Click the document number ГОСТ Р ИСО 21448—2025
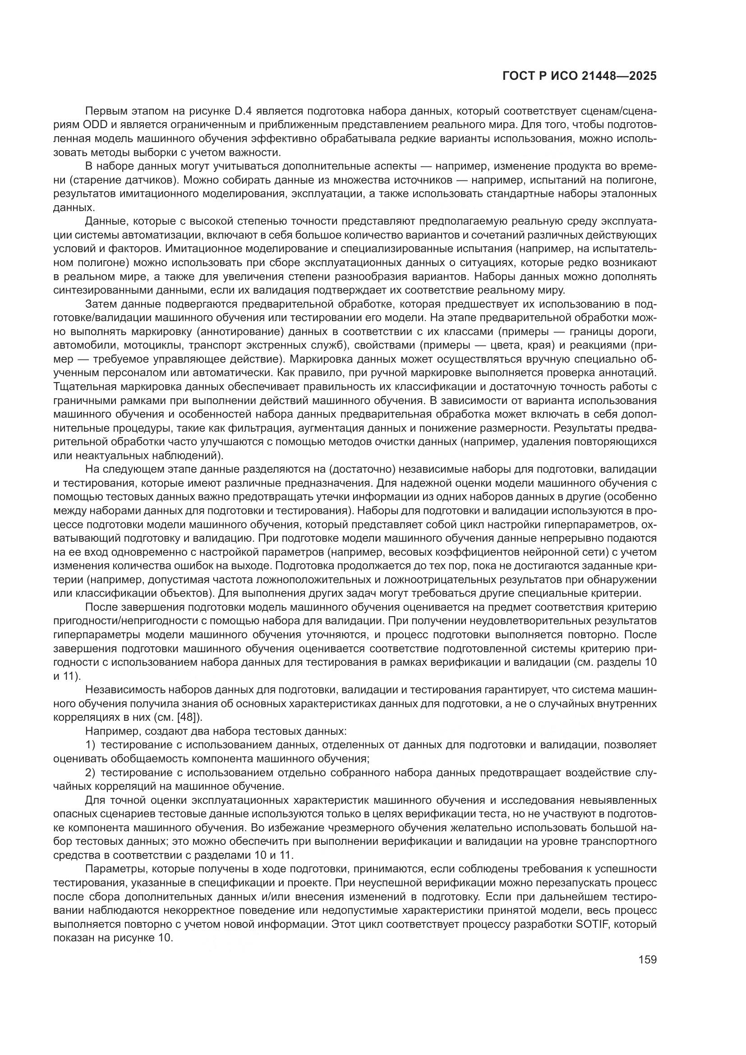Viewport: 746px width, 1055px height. pos(580,76)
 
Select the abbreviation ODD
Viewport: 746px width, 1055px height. pos(96,125)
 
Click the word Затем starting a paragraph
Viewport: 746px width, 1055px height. pos(100,304)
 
